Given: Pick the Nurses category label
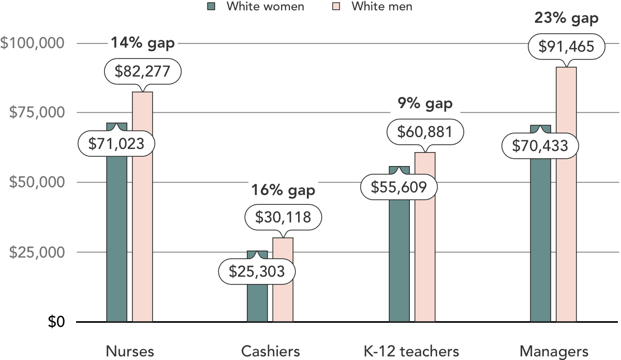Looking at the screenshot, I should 130,352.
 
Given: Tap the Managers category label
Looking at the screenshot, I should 554,352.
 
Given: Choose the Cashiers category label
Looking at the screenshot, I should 271,352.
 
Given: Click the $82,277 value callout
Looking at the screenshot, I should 142,71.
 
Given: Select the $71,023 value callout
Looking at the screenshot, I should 116,143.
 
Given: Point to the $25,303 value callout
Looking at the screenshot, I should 257,271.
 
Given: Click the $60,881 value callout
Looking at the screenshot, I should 425,132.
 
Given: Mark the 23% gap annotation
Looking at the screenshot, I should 566,19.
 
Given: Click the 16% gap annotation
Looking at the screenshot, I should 283,190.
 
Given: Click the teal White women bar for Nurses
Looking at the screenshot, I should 116,238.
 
